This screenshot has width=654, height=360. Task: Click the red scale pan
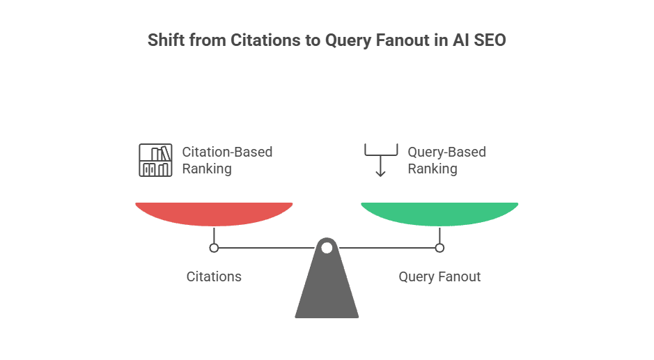(x=214, y=213)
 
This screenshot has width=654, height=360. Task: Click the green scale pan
(x=439, y=213)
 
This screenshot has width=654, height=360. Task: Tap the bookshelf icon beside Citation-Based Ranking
(x=155, y=160)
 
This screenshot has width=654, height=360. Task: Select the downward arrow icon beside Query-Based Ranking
(x=380, y=161)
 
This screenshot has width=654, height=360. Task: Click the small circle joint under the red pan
(x=214, y=247)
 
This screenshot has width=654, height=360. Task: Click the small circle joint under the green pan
(x=439, y=247)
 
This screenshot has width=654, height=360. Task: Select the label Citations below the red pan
(x=214, y=276)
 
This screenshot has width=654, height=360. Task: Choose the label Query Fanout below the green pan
(x=439, y=276)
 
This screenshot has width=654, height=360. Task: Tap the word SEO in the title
(x=490, y=40)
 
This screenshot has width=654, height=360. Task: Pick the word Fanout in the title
(x=405, y=40)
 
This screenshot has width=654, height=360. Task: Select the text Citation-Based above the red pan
(x=227, y=152)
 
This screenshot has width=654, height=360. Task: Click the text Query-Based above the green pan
(x=446, y=152)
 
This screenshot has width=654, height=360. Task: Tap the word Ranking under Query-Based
(x=432, y=169)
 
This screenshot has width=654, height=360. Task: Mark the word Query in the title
(x=348, y=40)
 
